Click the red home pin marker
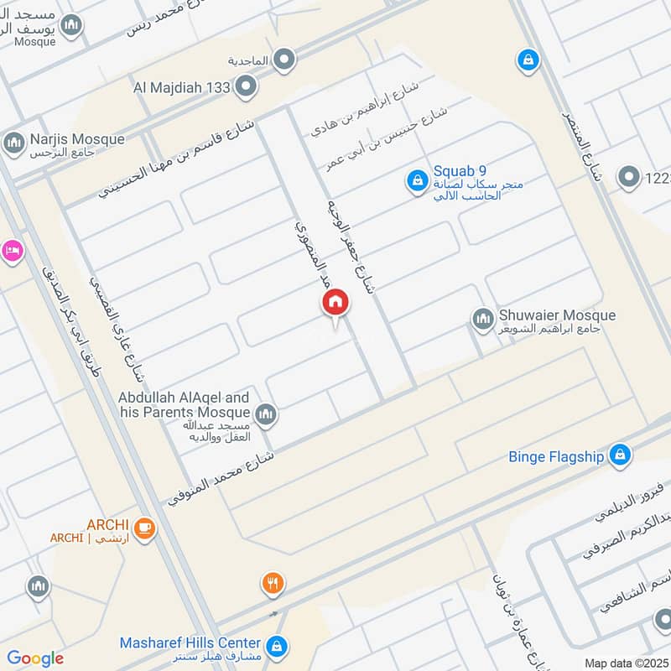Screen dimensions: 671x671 click(335, 303)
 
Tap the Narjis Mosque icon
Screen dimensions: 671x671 click(14, 143)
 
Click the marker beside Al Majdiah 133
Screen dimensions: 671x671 click(246, 86)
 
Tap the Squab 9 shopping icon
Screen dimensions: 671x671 click(416, 179)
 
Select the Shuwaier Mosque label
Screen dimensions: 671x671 click(557, 315)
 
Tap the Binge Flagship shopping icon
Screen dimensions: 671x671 click(620, 455)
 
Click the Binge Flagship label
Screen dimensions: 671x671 click(556, 457)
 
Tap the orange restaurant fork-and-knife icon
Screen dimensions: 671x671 click(271, 583)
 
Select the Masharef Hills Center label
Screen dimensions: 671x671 click(190, 642)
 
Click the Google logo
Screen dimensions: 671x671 click(35, 658)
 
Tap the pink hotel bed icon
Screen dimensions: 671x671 click(11, 251)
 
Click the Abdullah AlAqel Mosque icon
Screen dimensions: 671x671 click(266, 414)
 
